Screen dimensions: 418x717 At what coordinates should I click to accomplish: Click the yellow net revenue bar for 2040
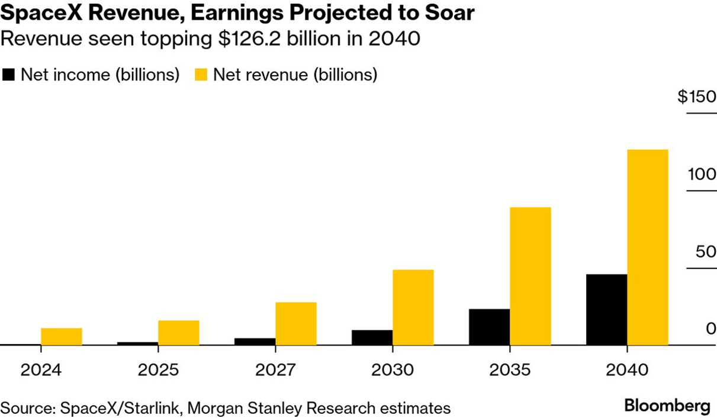point(648,247)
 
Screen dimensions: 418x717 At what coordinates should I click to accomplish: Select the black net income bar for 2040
point(606,309)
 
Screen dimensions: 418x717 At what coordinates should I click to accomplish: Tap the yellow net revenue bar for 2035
point(530,276)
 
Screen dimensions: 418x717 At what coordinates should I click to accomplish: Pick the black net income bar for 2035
point(489,327)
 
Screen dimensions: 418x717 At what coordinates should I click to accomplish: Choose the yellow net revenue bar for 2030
point(413,307)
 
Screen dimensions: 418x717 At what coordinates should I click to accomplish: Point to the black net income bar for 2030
point(372,337)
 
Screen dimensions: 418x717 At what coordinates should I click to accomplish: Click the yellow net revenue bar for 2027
point(296,323)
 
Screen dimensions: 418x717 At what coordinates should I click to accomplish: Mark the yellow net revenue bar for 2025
point(179,333)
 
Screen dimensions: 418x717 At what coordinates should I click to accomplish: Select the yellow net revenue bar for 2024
point(62,336)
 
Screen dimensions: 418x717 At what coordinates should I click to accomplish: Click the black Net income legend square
point(9,75)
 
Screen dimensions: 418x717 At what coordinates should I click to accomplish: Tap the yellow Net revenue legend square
point(202,75)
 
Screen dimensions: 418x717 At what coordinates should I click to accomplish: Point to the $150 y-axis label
point(697,97)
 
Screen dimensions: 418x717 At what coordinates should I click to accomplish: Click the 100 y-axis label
point(702,174)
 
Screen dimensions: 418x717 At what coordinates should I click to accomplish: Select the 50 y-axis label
point(705,252)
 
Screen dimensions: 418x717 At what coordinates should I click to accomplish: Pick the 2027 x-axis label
point(275,371)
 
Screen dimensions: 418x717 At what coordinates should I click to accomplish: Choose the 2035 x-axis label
point(510,371)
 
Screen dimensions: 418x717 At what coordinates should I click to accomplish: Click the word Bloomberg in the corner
point(667,406)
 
